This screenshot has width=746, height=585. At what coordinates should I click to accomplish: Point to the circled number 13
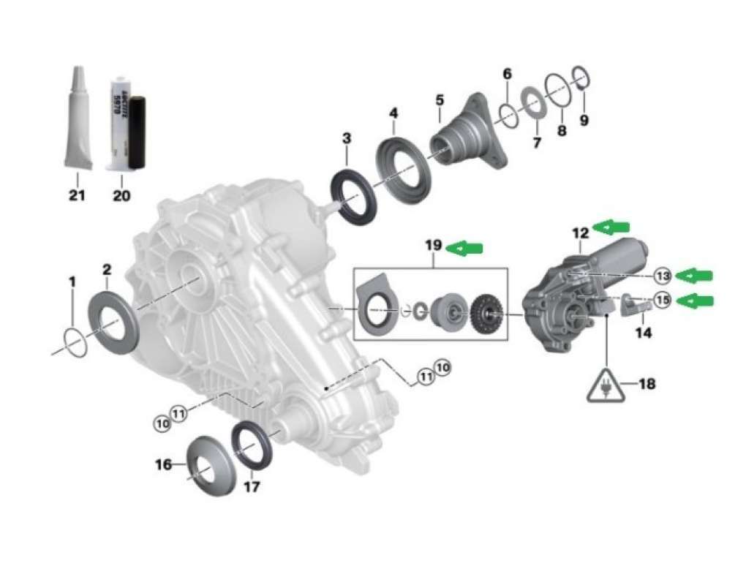663,276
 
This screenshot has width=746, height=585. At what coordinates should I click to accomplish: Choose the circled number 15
663,300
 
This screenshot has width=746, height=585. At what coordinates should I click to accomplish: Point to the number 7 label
537,143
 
